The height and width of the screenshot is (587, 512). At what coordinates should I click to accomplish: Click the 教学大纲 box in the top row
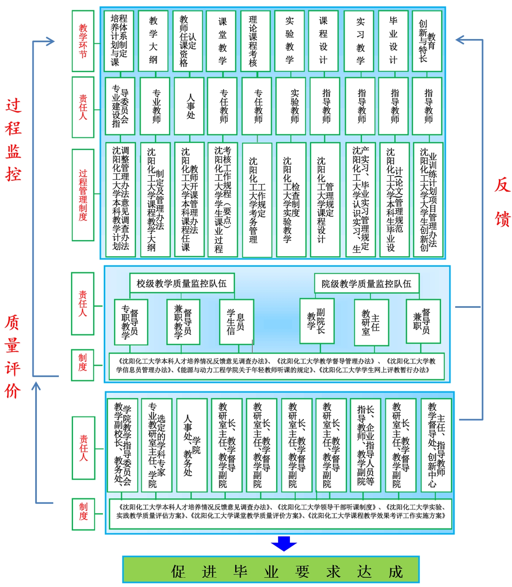153,41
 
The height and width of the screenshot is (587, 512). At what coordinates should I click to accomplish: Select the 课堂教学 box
221,41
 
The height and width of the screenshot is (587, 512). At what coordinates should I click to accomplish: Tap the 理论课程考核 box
255,41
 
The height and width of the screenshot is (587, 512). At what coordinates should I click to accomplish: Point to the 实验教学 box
289,41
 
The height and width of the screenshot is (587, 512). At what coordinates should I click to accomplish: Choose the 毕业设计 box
393,41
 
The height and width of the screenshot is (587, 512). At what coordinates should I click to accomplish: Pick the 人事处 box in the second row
189,106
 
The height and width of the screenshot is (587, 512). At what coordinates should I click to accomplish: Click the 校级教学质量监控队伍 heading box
182,283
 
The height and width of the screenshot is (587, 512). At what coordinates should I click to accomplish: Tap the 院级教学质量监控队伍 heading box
366,284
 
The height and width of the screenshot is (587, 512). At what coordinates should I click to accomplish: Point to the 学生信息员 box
236,322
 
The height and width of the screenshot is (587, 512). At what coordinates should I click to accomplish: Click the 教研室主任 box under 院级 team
371,322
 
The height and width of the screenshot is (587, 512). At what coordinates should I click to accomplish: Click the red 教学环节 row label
83,41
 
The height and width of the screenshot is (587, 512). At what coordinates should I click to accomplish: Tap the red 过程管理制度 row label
83,195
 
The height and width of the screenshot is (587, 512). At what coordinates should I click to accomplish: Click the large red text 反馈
503,203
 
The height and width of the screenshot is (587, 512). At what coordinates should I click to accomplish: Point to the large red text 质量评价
12,357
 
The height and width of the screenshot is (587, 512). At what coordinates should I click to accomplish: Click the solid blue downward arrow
284,543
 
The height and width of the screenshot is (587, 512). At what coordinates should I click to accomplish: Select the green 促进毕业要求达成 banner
271,569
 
